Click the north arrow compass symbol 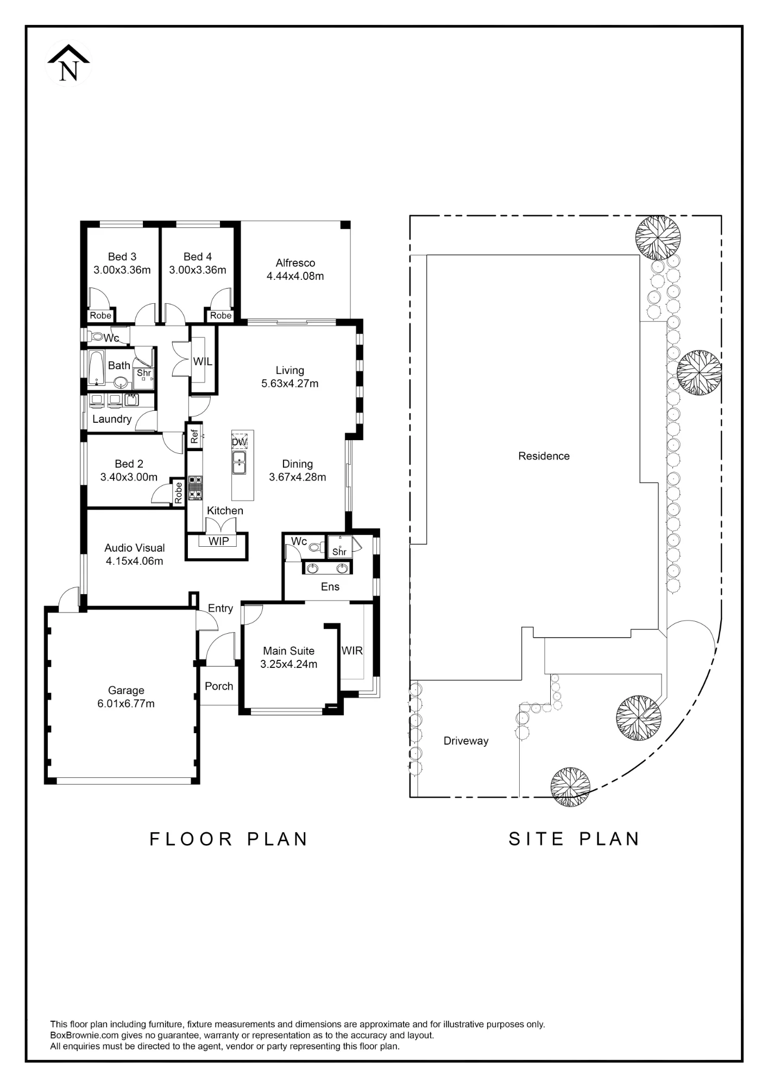69,63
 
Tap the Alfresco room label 295,263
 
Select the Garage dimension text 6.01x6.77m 126,703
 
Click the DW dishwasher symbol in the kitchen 240,441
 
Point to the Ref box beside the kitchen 194,436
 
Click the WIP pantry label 219,541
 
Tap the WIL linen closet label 203,361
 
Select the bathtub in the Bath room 96,367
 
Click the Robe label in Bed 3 100,315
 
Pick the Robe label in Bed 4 221,315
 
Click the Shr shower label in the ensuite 339,552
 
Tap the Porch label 219,686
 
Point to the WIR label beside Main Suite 352,651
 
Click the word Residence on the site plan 544,456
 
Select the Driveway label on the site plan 466,741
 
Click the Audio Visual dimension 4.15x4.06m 134,561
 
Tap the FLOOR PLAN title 229,839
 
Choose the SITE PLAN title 574,839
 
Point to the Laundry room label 112,419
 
